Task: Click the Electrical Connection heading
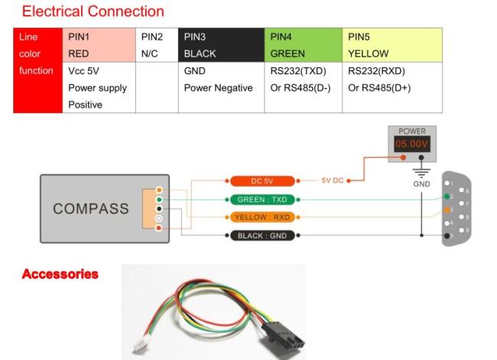[x=93, y=11]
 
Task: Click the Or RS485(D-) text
[x=299, y=88]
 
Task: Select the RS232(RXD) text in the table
[x=376, y=71]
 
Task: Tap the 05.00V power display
[x=412, y=144]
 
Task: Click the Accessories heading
[x=60, y=274]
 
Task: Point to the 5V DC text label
[x=333, y=181]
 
